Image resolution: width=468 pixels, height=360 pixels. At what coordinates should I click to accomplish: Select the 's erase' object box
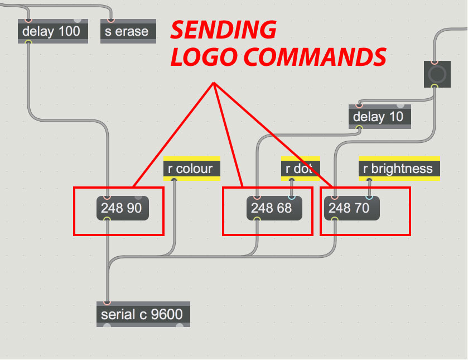tap(128, 31)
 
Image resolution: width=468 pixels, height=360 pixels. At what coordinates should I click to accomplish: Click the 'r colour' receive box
tap(192, 169)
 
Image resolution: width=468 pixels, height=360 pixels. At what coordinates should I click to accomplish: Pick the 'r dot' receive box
tap(300, 169)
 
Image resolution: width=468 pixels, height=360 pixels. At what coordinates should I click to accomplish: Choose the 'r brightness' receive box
tap(399, 169)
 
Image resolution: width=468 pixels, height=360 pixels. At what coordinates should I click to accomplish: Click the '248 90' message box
tap(122, 208)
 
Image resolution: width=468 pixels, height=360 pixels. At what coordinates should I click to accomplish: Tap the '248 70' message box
tap(350, 208)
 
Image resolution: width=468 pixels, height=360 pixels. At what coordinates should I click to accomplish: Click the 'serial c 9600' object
tap(142, 314)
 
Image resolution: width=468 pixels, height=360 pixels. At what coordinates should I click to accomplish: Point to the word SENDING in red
tap(223, 30)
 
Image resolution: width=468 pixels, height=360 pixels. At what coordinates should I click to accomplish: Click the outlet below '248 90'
tap(107, 219)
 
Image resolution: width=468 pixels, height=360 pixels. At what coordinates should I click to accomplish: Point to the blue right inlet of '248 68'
tap(291, 197)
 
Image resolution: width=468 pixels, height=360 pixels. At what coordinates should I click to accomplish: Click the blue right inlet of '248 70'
tap(368, 197)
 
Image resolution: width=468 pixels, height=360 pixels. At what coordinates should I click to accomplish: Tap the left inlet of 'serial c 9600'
tap(107, 303)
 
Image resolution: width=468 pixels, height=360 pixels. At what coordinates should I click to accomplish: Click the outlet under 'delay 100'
tap(28, 42)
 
